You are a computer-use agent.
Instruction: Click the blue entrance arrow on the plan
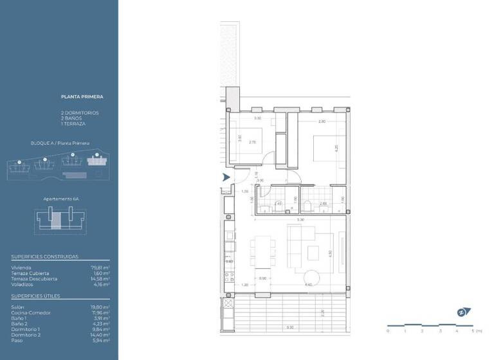coord(226,177)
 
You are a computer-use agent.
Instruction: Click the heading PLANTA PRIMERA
coord(82,97)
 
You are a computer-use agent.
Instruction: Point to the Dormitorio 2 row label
coord(25,335)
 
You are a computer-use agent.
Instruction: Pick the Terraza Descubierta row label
coord(34,278)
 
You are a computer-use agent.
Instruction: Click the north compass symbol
coord(462,312)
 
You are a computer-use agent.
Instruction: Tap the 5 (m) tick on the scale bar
coord(474,331)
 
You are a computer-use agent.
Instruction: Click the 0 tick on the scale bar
coord(388,331)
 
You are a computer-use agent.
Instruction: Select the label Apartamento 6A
coord(60,199)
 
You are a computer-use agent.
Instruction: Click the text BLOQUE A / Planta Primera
coord(60,143)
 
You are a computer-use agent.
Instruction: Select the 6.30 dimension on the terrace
coord(291,328)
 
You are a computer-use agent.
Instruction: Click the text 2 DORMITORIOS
coord(80,113)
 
